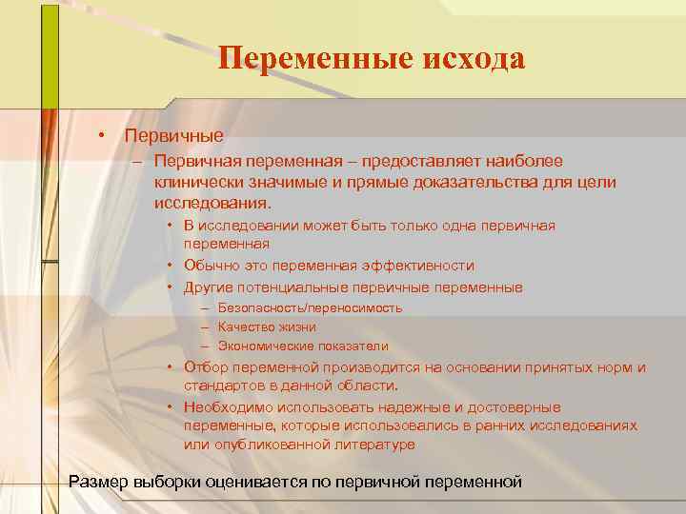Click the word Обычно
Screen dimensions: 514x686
pyautogui.click(x=211, y=266)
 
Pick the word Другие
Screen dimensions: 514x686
pyautogui.click(x=209, y=287)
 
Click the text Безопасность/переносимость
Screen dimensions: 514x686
pyautogui.click(x=310, y=308)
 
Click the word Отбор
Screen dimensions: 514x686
pyautogui.click(x=205, y=367)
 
